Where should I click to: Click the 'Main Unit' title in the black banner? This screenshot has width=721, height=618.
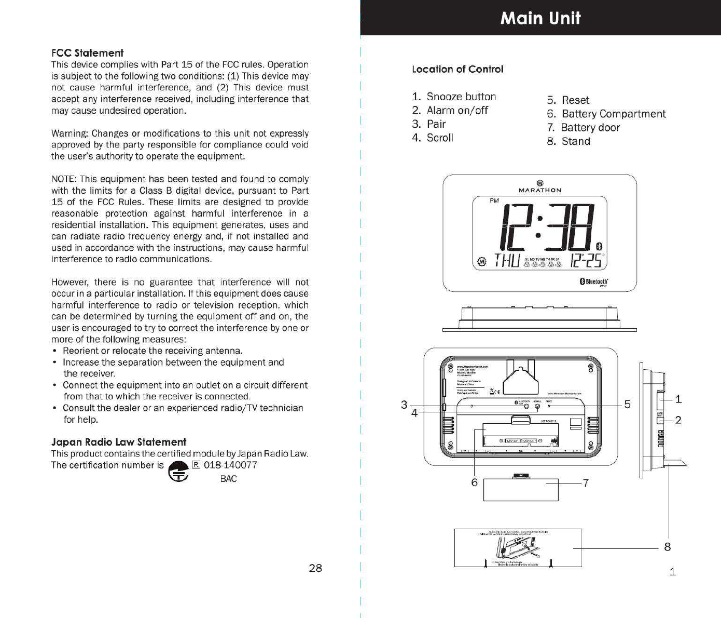540,19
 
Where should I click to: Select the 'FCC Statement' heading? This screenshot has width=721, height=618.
87,53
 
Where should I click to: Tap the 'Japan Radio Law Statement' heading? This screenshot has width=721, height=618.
118,442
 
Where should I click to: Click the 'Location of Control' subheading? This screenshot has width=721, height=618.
457,69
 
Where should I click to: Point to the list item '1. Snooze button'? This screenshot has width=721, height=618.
454,97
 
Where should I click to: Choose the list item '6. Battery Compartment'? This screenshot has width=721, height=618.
606,114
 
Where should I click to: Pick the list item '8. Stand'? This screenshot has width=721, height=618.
569,141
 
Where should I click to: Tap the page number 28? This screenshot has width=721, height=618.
315,568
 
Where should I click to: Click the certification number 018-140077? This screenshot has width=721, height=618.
230,465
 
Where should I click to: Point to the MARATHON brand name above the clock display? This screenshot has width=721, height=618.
540,190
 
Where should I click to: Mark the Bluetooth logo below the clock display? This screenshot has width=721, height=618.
593,281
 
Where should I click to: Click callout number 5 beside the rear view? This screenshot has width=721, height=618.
628,405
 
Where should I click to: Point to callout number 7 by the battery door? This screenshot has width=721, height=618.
586,483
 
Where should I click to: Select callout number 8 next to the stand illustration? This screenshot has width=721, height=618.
668,546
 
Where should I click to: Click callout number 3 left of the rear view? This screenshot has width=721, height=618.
404,405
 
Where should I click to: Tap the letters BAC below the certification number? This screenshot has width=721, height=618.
228,479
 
